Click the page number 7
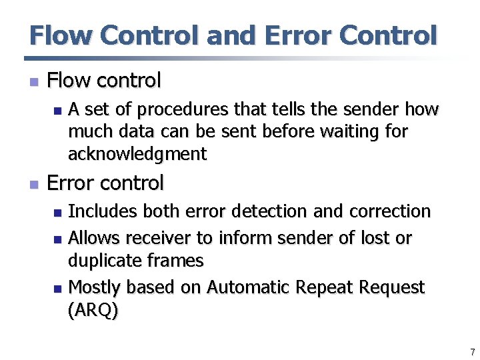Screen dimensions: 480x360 472,351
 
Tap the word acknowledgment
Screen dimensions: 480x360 137,154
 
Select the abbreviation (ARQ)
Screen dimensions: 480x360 94,311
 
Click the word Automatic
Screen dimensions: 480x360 247,287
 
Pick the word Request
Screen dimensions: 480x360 391,288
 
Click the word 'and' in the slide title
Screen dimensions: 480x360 231,35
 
